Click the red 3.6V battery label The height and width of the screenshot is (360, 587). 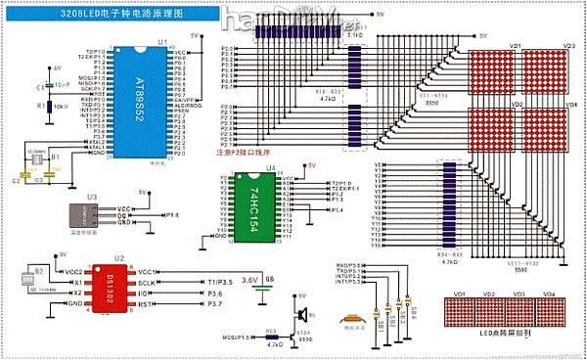click(x=249, y=280)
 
